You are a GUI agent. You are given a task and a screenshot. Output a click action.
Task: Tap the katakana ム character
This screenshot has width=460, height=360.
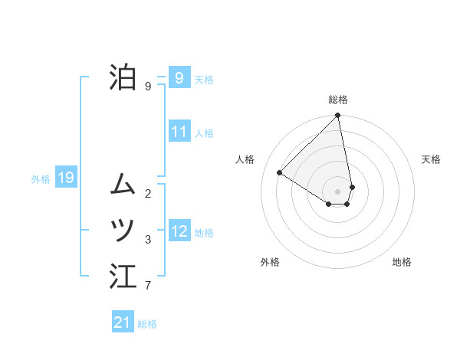click(x=123, y=184)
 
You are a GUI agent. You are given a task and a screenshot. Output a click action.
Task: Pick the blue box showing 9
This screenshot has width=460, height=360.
click(x=179, y=77)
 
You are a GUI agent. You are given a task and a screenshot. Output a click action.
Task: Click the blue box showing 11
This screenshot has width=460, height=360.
click(x=179, y=132)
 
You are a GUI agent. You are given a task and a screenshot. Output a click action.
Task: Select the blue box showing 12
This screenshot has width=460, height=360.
click(x=179, y=231)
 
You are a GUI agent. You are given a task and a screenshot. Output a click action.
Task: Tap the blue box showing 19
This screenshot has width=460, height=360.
click(x=65, y=178)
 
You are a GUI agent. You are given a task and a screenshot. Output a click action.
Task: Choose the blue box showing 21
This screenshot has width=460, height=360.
click(x=123, y=322)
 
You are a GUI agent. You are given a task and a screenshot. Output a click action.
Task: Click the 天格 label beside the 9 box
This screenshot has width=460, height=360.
click(x=204, y=80)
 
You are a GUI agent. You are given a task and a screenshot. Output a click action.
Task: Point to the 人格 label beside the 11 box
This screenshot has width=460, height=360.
click(x=204, y=133)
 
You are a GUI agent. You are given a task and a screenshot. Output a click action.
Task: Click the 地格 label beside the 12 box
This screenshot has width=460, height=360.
click(x=204, y=233)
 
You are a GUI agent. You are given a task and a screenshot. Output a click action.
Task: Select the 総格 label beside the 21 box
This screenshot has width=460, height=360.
click(x=147, y=324)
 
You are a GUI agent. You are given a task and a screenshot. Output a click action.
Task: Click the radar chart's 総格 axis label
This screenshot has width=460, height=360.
click(x=338, y=100)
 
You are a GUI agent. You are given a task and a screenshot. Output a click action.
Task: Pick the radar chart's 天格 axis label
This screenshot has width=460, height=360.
click(x=432, y=159)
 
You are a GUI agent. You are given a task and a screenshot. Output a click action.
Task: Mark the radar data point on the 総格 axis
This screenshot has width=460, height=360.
click(x=338, y=116)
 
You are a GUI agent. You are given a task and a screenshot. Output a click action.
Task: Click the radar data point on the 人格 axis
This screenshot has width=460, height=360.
click(x=280, y=172)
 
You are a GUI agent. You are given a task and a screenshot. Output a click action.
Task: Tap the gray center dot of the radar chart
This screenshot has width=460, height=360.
click(x=338, y=191)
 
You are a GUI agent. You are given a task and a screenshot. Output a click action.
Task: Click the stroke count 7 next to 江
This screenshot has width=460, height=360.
click(x=148, y=286)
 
